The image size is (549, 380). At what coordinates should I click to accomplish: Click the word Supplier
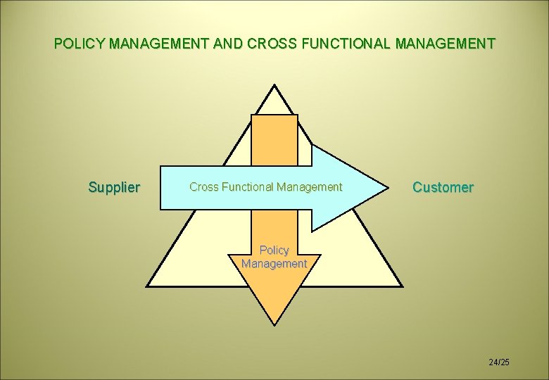[114, 187]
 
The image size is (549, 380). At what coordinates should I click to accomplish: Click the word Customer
[443, 187]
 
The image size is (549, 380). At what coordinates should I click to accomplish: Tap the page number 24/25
[498, 362]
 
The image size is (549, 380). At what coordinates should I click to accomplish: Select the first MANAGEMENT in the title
[158, 44]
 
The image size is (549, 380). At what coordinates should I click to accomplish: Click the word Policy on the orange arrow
[274, 251]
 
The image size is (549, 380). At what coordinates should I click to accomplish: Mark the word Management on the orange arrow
[274, 264]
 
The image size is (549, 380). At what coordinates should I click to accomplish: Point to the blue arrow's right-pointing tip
[386, 188]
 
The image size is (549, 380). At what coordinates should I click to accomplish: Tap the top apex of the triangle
[274, 87]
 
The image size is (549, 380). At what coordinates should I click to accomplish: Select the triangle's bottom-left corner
[148, 286]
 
